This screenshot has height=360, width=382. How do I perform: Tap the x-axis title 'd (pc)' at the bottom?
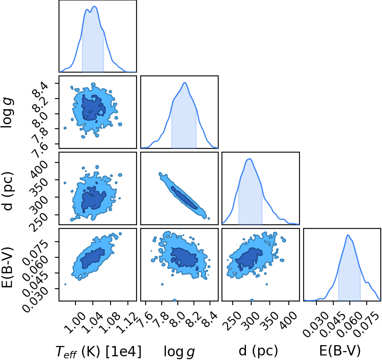pos(259,351)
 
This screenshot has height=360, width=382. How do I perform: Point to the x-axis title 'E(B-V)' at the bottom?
pos(340,351)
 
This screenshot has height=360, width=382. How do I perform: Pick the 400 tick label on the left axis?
pos(38,169)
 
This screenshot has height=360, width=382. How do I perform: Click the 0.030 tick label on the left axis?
pos(35,299)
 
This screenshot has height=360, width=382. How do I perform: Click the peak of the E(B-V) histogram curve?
pos(348,235)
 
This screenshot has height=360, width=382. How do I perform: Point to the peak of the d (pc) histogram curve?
pos(249,159)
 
